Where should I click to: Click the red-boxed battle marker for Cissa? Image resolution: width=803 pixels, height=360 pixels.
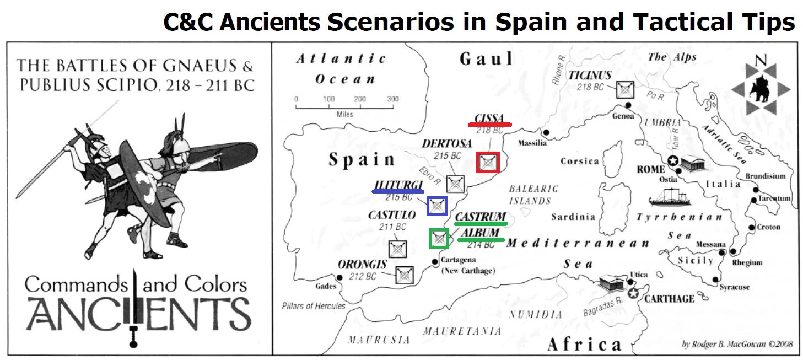[488, 162]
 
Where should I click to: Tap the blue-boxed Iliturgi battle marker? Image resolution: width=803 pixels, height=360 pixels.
[437, 206]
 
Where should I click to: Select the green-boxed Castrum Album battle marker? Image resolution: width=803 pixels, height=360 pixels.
[439, 239]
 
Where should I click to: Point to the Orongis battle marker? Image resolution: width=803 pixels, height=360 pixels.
[405, 274]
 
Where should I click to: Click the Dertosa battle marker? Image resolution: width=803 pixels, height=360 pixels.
[455, 184]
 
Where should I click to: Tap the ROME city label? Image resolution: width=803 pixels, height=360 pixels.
[651, 169]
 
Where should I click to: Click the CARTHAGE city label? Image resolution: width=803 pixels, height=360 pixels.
[669, 298]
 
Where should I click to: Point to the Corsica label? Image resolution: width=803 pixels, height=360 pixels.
[579, 161]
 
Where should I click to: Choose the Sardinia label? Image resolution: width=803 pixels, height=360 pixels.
[573, 217]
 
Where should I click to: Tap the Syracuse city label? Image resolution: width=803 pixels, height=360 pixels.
[734, 287]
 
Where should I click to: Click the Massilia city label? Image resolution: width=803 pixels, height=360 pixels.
[532, 143]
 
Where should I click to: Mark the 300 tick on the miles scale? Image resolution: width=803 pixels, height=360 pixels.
[392, 99]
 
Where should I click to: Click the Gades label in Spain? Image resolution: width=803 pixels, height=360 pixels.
[325, 287]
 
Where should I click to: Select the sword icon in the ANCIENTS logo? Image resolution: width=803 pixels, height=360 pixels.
[133, 309]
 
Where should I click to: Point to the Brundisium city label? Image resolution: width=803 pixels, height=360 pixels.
[766, 176]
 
